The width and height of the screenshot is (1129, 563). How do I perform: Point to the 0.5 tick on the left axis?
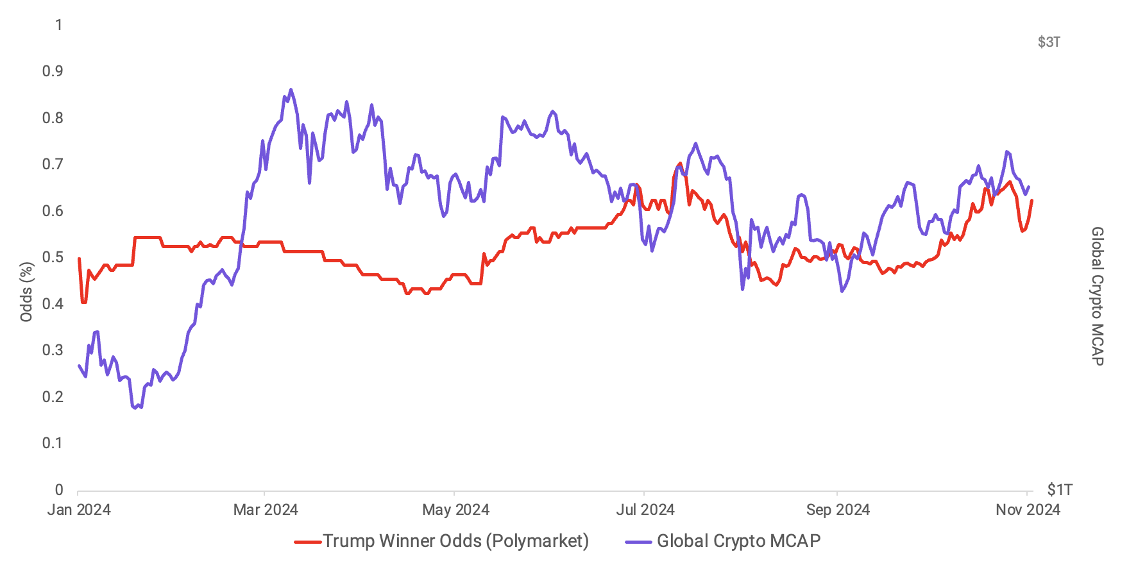[53, 257]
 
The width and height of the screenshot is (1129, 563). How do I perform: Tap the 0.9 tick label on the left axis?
[53, 71]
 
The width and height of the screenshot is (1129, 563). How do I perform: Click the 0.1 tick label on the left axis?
[53, 443]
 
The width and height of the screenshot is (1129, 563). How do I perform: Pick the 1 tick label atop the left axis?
[59, 25]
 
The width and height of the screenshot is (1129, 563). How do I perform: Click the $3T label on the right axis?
[1049, 42]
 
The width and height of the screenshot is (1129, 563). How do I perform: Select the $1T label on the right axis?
[1059, 490]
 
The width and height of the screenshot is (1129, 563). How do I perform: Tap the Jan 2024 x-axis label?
[79, 510]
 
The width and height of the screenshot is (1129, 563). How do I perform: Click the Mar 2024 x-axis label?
[266, 510]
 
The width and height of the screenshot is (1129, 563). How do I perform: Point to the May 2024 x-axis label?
[455, 510]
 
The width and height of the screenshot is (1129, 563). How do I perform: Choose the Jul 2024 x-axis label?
[645, 510]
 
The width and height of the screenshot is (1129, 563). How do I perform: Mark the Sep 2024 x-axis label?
[838, 510]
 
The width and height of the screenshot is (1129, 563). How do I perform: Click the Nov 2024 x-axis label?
[1028, 510]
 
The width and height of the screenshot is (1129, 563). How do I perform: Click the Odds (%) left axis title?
[26, 292]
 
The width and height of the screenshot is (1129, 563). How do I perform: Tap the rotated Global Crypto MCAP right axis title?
[1098, 296]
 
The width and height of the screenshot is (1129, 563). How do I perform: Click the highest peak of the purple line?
[291, 90]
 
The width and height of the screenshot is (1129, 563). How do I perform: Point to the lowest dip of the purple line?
[134, 408]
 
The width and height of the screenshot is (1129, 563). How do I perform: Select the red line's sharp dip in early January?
[83, 302]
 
